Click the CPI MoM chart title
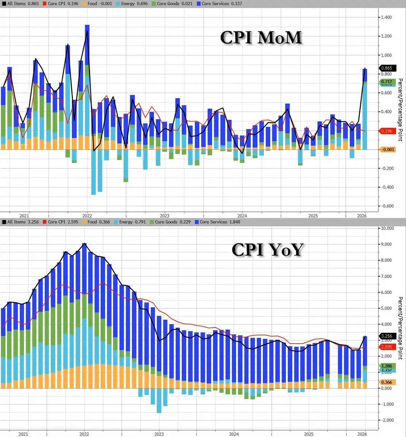point(261,37)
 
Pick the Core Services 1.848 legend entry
point(217,222)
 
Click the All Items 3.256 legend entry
point(20,222)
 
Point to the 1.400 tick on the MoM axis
point(387,17)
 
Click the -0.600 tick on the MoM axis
point(387,206)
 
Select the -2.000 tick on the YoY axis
point(387,420)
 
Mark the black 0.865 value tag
point(387,68)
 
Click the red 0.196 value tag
point(387,131)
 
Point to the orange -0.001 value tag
point(387,150)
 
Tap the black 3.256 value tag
point(387,336)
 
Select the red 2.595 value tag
point(387,347)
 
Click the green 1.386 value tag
point(387,366)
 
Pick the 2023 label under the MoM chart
point(164,215)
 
